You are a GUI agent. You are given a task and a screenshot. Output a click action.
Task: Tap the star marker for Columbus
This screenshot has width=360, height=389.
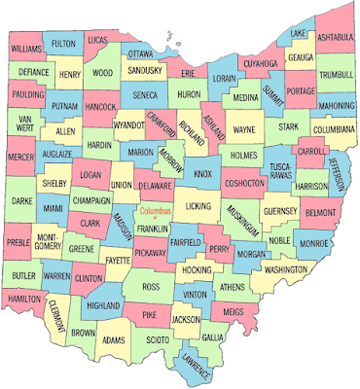coord(154,217)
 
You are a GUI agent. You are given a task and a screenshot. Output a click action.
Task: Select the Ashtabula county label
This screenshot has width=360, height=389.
coord(335,37)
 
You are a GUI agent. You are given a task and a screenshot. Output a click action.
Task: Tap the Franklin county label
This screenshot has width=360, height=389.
coord(152,229)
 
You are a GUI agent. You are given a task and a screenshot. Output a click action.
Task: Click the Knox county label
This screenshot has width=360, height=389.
coord(203,173)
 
